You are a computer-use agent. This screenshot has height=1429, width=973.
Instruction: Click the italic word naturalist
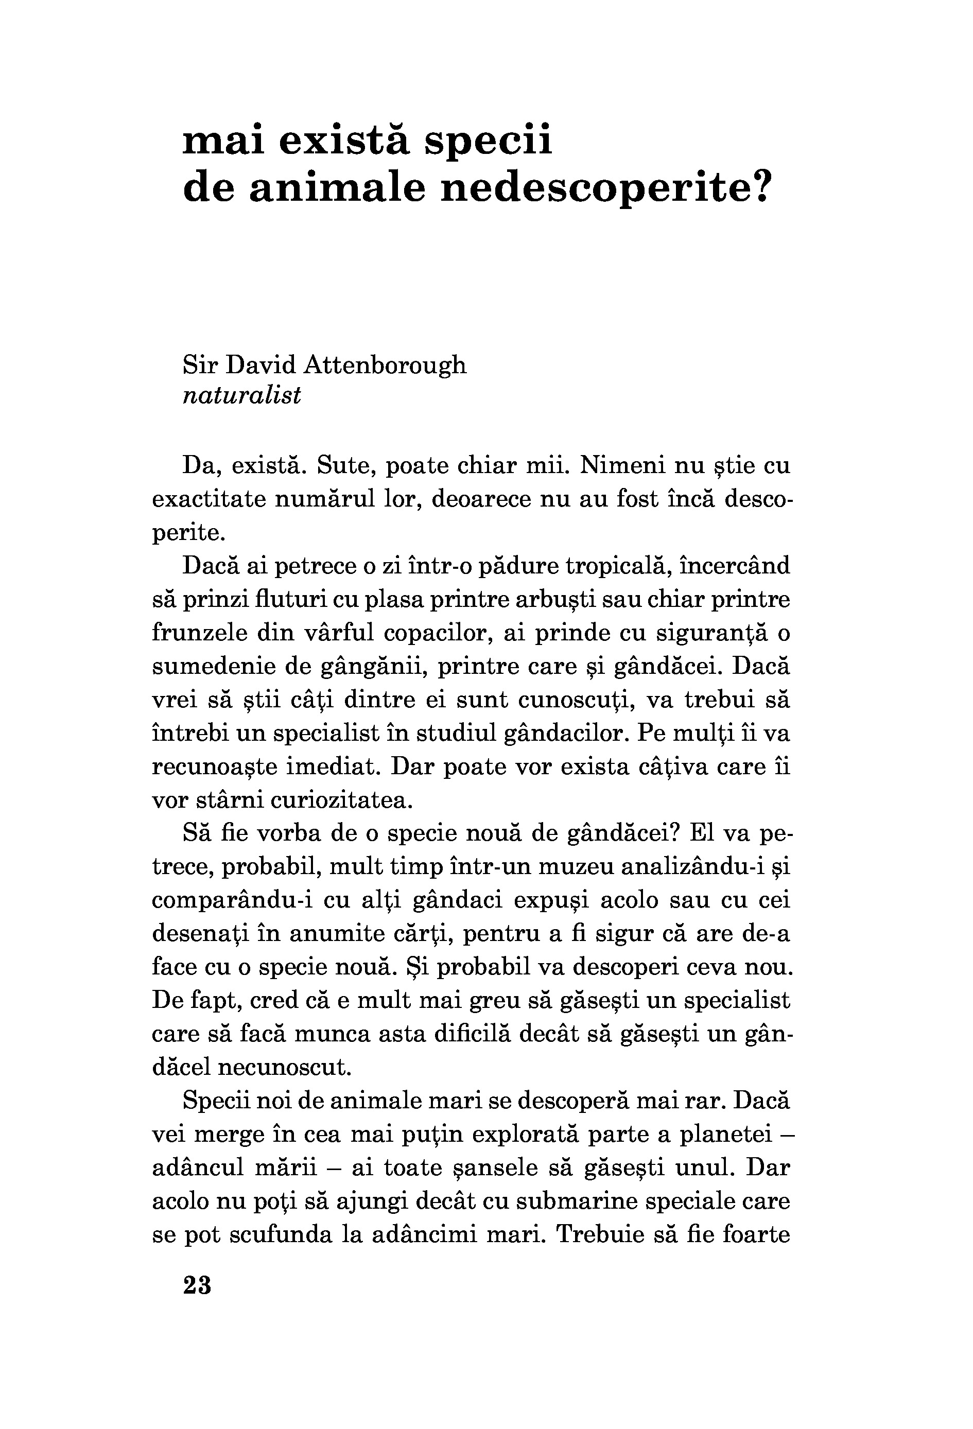(242, 395)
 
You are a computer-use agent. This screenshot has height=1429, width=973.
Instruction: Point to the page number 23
(197, 1284)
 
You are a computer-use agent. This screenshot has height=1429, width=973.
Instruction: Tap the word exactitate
(207, 499)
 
